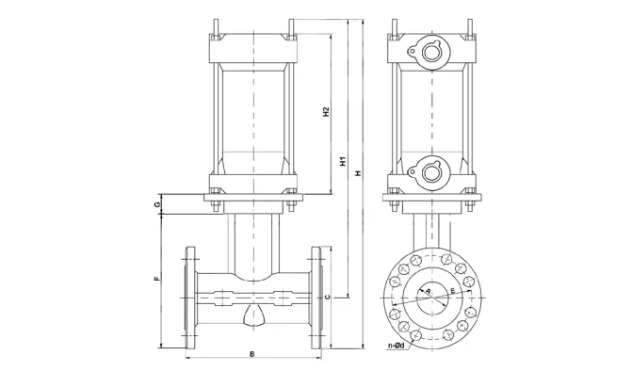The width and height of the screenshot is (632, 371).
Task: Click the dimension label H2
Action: click(325, 115)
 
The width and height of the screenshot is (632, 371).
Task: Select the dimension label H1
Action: click(343, 161)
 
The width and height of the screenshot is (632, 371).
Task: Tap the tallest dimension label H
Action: click(357, 175)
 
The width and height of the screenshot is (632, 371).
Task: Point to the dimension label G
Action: click(158, 203)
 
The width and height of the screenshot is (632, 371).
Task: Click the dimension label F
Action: click(158, 280)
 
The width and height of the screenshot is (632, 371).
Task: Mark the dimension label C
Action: click(327, 298)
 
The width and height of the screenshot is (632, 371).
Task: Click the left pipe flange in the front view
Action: click(192, 298)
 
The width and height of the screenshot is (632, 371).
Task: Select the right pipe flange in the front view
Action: click(317, 298)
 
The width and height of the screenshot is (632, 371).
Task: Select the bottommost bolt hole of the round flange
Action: click(431, 341)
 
